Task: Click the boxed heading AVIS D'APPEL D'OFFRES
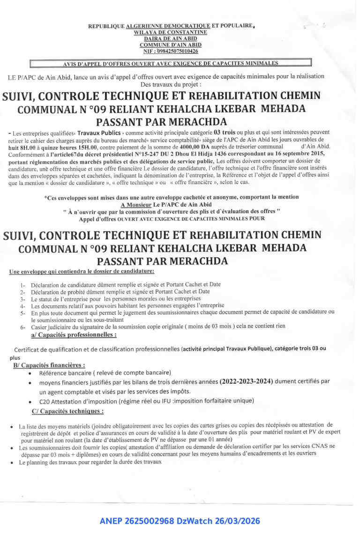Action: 171,63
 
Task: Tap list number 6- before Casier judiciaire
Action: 23,326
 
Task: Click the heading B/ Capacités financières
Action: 49,364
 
